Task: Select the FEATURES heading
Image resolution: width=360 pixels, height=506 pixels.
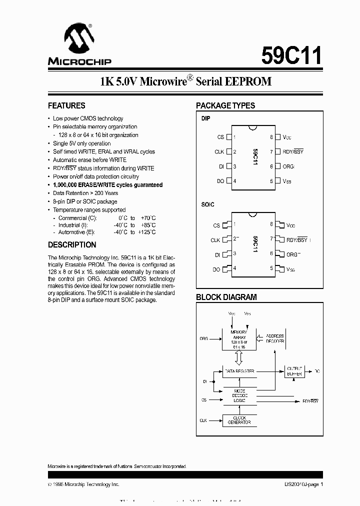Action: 66,105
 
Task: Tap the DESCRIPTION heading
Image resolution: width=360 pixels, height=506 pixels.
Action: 72,245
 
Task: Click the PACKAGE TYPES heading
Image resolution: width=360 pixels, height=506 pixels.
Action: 225,105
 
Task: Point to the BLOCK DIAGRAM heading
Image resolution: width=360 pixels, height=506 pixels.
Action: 226,297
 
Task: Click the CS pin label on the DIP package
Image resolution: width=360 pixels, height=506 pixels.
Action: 220,137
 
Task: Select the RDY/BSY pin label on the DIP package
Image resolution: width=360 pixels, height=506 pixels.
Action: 293,151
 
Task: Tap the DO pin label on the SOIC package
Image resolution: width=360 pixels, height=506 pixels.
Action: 216,269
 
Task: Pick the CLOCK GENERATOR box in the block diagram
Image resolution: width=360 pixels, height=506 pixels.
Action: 239,420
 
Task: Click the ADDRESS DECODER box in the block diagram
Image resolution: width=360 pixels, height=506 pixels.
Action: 274,338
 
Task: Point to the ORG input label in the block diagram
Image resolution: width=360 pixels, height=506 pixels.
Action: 203,338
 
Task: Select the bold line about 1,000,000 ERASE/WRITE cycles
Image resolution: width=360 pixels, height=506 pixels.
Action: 107,185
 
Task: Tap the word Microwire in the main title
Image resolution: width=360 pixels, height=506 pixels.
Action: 162,82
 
